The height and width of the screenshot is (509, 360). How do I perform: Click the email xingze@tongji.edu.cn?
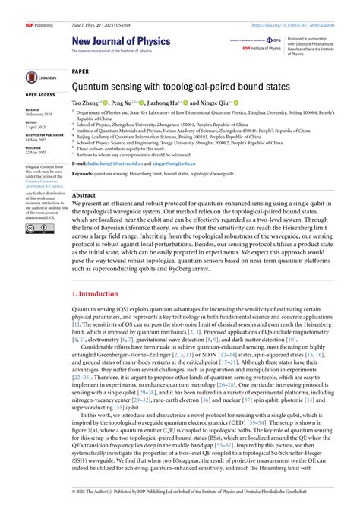pos(181,163)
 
